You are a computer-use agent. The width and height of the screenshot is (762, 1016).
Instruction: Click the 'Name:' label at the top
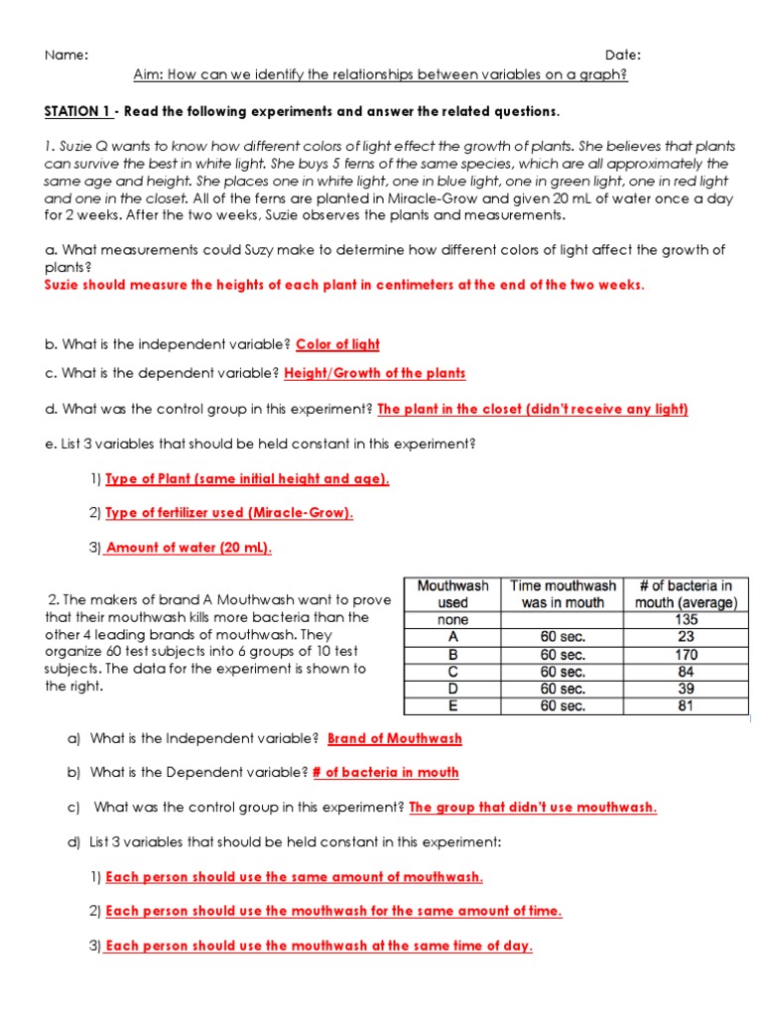click(x=66, y=55)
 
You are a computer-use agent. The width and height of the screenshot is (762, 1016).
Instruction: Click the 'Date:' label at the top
click(x=623, y=55)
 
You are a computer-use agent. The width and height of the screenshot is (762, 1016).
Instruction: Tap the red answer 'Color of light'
click(x=337, y=344)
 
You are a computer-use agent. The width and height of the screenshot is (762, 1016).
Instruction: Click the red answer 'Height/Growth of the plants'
click(x=374, y=374)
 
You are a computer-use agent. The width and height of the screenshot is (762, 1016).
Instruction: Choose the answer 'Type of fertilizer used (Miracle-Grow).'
click(x=229, y=513)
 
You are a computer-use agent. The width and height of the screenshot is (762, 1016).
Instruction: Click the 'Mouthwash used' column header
click(x=452, y=594)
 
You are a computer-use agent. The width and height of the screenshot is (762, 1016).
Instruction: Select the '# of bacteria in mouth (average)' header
click(x=686, y=594)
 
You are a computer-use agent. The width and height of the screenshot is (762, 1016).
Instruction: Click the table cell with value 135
click(x=686, y=620)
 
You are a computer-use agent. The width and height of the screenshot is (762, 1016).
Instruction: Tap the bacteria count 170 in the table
click(x=686, y=655)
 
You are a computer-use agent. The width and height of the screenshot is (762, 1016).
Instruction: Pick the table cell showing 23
click(x=686, y=637)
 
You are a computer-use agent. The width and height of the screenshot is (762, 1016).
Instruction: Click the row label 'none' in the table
click(x=452, y=620)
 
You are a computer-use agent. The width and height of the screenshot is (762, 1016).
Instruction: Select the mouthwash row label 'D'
click(x=452, y=689)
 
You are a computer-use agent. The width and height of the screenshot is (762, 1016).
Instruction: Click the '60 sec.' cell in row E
click(x=563, y=706)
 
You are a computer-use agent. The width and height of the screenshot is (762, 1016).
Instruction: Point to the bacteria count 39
click(x=686, y=689)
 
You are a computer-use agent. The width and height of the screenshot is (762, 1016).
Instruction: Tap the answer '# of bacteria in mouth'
click(x=385, y=772)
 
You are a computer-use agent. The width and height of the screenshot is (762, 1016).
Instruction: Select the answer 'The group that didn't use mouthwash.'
click(x=533, y=807)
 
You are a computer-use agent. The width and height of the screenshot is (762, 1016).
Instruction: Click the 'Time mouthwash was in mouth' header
click(x=563, y=594)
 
